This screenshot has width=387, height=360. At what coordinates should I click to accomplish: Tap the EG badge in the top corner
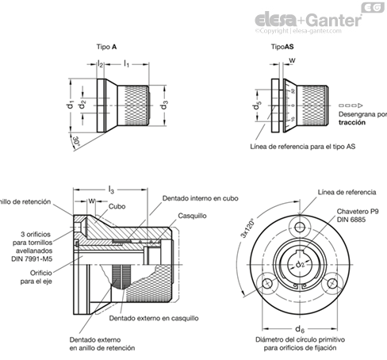371,7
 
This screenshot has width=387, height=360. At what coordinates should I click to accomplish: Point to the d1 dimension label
71,103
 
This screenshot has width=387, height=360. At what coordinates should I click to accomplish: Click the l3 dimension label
111,188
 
